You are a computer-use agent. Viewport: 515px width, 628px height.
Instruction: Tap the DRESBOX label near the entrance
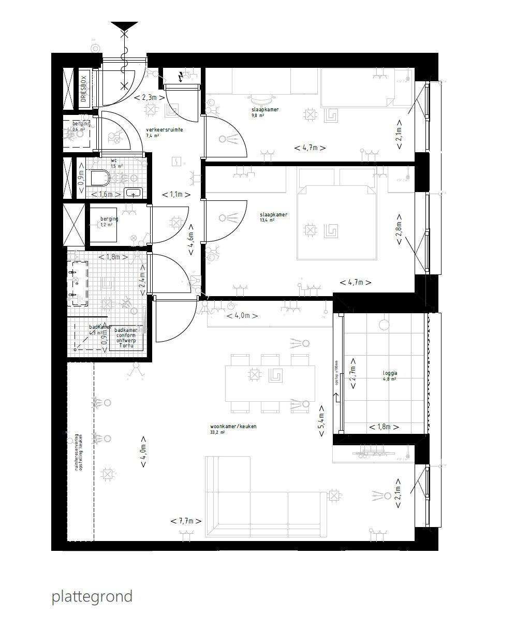(83, 89)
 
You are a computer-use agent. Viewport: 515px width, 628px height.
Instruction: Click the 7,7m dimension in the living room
(186, 521)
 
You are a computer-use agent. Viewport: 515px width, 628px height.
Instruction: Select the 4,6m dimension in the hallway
(191, 239)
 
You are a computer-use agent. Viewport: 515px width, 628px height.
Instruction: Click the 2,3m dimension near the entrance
(149, 97)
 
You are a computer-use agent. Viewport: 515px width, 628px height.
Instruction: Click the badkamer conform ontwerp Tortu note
(126, 338)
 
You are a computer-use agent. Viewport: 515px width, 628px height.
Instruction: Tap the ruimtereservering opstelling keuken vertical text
(78, 451)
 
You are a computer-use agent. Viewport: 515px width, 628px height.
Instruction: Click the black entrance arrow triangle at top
(124, 26)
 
